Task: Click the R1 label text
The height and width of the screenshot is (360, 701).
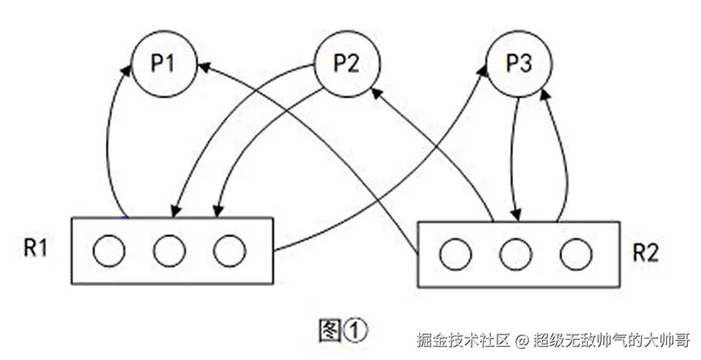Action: click(x=36, y=249)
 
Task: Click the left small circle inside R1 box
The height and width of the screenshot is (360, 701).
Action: click(x=110, y=252)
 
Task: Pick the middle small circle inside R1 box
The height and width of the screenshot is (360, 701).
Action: click(x=169, y=252)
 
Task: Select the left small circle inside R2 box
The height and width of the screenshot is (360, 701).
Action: click(x=456, y=255)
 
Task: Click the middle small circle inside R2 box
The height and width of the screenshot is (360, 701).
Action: click(x=515, y=255)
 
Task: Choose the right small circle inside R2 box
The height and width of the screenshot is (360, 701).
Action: click(x=574, y=255)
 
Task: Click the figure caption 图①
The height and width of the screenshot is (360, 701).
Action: click(x=344, y=329)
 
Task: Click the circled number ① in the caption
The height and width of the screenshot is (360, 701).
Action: click(x=357, y=330)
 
